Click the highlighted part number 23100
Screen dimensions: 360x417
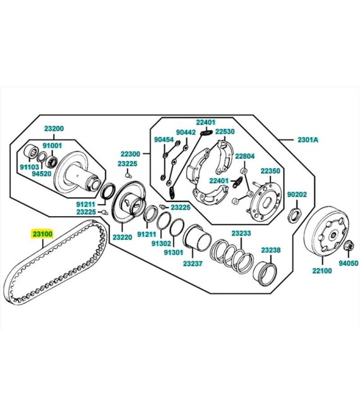(x=42, y=234)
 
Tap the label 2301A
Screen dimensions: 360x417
(x=308, y=140)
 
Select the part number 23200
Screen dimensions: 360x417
(x=54, y=129)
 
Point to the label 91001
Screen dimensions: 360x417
(x=52, y=146)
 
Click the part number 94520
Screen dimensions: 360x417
(x=42, y=174)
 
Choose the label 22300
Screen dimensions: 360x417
(x=130, y=154)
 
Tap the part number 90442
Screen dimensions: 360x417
(x=186, y=132)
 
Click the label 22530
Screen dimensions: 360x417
(x=225, y=131)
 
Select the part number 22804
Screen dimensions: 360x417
(x=245, y=156)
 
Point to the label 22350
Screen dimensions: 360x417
(x=270, y=171)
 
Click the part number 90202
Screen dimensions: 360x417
(x=297, y=195)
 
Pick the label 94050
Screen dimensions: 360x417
(x=348, y=263)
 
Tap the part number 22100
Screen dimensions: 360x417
(x=322, y=270)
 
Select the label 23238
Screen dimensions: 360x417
(x=271, y=250)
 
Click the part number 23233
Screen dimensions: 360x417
(x=241, y=233)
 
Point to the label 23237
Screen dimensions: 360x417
(x=193, y=263)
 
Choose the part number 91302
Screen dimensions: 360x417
(x=161, y=243)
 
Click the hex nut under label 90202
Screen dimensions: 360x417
(x=294, y=214)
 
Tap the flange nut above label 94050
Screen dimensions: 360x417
(x=349, y=246)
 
